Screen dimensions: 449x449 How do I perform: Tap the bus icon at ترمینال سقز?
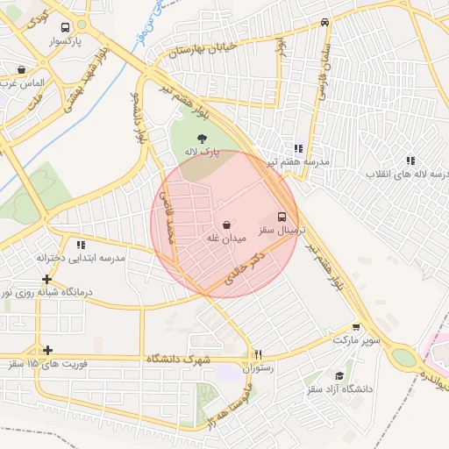282,216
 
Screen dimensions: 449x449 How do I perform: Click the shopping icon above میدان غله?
227,224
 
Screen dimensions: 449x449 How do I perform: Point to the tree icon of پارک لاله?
203,138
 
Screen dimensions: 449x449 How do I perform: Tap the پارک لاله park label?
202,152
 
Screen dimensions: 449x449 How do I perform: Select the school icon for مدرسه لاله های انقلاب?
410,160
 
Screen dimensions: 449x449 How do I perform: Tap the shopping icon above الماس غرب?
21,68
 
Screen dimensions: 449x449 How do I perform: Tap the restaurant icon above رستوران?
257,355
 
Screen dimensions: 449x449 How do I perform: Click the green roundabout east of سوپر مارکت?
404,358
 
